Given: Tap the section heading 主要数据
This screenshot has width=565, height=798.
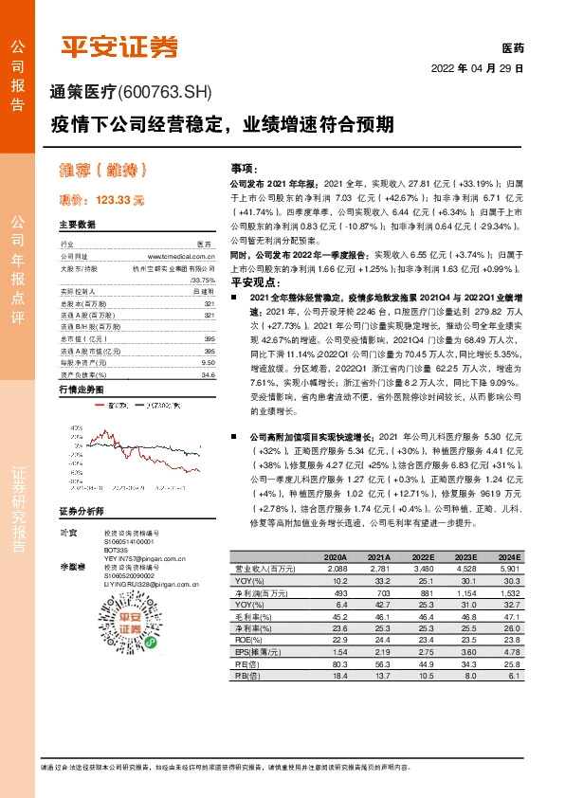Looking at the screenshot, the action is tap(77, 225).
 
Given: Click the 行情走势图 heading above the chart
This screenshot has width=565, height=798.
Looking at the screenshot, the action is tap(80, 390).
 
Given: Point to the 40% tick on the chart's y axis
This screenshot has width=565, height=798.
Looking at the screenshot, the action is tap(75, 429).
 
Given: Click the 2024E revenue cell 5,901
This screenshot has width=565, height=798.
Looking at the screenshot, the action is tap(508, 568).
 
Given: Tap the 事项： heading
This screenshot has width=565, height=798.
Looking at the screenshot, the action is tap(246, 168).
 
